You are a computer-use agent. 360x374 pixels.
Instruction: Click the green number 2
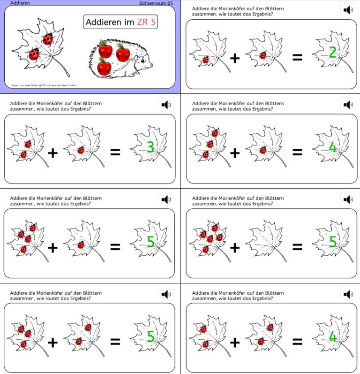(332, 53)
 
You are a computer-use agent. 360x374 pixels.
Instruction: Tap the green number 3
(150, 147)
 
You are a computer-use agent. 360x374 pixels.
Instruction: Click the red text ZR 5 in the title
(146, 22)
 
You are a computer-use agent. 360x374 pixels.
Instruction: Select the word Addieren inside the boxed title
(102, 22)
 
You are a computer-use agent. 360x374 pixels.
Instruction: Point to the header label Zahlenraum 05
(156, 3)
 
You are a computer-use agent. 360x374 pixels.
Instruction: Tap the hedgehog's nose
(151, 65)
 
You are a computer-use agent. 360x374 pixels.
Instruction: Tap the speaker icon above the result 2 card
(348, 10)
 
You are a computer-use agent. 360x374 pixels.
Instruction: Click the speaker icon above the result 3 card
(165, 105)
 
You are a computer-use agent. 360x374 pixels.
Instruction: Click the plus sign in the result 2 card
(235, 58)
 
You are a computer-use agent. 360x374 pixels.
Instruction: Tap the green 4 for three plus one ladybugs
(332, 147)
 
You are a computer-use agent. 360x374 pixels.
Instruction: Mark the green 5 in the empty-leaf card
(332, 242)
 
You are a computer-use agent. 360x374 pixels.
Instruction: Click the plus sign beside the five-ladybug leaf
(235, 247)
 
